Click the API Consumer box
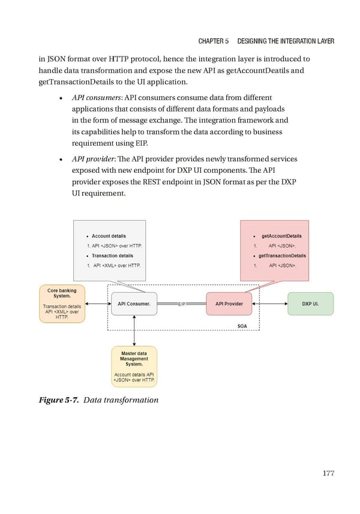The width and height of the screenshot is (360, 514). (134, 304)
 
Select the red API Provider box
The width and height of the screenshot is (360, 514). (229, 304)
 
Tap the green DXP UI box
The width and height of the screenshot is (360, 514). (310, 304)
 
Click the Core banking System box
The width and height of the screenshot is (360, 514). (62, 304)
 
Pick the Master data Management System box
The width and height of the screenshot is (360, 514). (134, 366)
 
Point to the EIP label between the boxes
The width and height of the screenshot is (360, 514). (182, 305)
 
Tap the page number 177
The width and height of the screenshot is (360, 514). (328, 473)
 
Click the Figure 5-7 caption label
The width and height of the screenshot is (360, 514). (59, 399)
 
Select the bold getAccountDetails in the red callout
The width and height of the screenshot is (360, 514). (281, 236)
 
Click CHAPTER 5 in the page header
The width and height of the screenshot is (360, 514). (213, 41)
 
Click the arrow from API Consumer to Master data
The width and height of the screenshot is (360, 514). (134, 330)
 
